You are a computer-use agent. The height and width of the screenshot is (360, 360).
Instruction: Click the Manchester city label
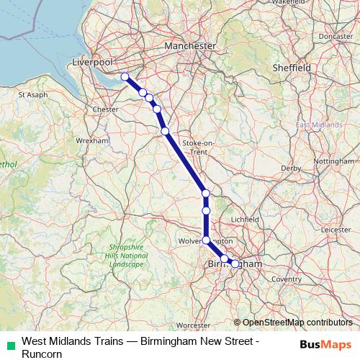[x=190, y=45]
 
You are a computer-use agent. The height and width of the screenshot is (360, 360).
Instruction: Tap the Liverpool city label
[x=94, y=63]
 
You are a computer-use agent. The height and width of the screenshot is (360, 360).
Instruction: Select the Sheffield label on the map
[x=292, y=67]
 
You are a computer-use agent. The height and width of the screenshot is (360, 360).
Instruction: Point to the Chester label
[x=106, y=109]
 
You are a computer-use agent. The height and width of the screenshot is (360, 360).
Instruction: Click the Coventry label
[x=287, y=279]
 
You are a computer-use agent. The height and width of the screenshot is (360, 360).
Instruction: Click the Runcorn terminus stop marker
[x=125, y=76]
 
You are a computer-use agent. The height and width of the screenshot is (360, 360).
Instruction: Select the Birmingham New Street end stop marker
[x=235, y=264]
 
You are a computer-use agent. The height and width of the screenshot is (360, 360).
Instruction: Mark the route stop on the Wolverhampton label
[x=206, y=240]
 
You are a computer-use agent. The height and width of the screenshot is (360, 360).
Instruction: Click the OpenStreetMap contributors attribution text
[x=297, y=322]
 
